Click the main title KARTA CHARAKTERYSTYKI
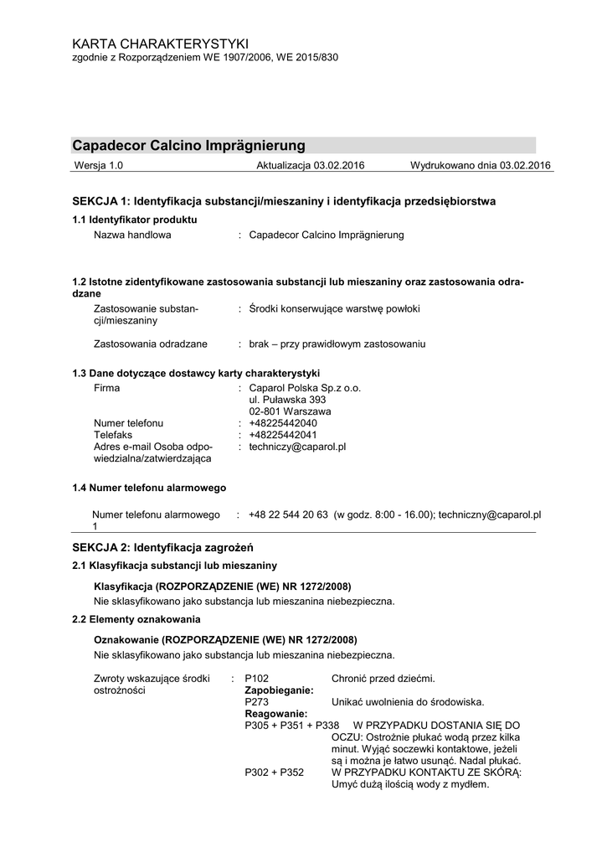pyautogui.click(x=161, y=43)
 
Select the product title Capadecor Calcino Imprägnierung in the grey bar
pyautogui.click(x=189, y=145)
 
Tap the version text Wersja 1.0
pyautogui.click(x=99, y=166)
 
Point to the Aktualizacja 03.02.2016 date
pyautogui.click(x=311, y=166)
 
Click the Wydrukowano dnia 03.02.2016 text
pyautogui.click(x=480, y=166)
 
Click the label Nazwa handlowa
pyautogui.click(x=132, y=235)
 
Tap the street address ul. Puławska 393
pyautogui.click(x=287, y=400)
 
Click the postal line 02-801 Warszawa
pyautogui.click(x=290, y=411)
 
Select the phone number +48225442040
pyautogui.click(x=283, y=423)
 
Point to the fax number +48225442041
pyautogui.click(x=283, y=435)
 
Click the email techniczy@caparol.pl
pyautogui.click(x=297, y=447)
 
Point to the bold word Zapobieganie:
pyautogui.click(x=279, y=690)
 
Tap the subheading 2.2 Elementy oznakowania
pyautogui.click(x=136, y=619)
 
